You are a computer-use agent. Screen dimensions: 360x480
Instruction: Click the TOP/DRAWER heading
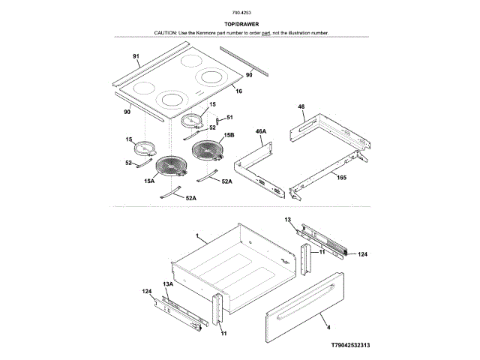[x=241, y=24]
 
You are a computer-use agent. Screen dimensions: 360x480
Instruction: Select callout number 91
[x=136, y=57]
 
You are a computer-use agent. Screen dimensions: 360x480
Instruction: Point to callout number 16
[x=238, y=91]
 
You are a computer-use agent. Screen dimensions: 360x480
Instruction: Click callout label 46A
[x=261, y=131]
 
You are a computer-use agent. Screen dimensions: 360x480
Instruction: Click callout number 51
[x=229, y=117]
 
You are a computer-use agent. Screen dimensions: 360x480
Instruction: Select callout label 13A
[x=169, y=283]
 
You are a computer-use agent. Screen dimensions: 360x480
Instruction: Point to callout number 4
[x=328, y=327]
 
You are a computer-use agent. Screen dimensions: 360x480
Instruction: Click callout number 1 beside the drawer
[x=196, y=236]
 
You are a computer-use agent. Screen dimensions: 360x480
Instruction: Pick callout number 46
[x=301, y=107]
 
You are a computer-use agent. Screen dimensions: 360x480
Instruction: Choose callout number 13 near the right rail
[x=287, y=219]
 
